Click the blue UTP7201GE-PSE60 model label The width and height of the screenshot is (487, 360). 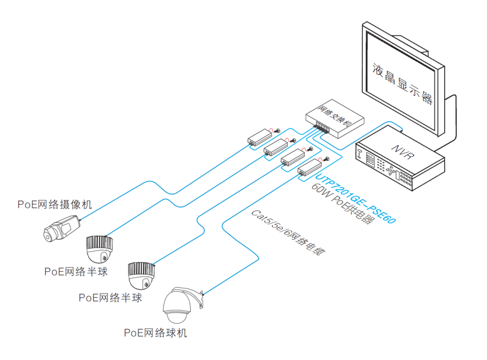tap(355, 199)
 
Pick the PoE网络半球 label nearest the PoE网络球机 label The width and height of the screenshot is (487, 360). tap(110, 298)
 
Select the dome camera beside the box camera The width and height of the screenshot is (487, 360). tap(99, 250)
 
